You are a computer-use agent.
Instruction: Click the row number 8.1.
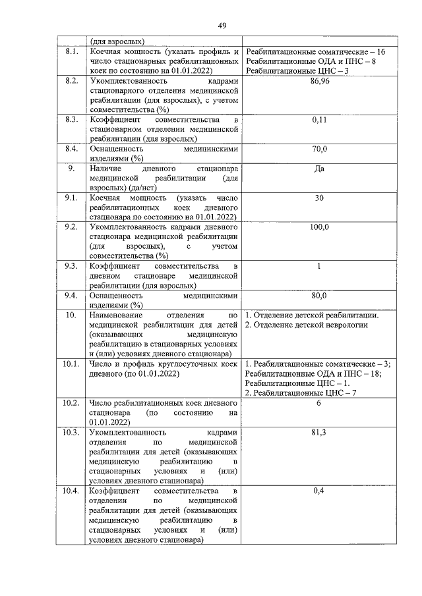pos(71,51)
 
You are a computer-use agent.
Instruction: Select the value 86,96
pos(319,80)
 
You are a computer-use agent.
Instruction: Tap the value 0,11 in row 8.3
pos(319,121)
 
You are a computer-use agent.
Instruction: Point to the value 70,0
pos(319,149)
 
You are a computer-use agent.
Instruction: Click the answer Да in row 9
pos(319,169)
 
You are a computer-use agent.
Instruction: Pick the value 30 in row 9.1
pos(319,198)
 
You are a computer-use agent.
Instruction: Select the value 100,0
pos(319,227)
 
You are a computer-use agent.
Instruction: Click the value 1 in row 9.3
pos(319,266)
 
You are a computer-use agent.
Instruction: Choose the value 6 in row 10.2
pos(319,402)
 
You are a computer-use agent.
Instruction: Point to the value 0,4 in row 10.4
pos(319,491)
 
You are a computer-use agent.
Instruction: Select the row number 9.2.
pos(71,227)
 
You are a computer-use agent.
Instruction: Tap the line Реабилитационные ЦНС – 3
pos(296,70)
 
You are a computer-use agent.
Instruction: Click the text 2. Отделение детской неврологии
pos(306,325)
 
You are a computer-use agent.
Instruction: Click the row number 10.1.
pos(71,364)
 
